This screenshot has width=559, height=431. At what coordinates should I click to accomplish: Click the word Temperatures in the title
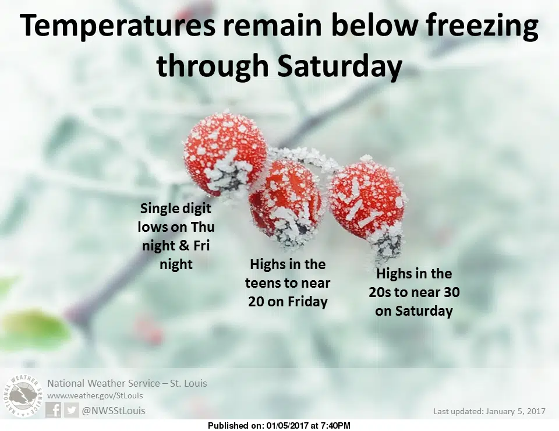[x=117, y=26]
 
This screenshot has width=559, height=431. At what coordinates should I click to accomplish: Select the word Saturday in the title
[x=339, y=67]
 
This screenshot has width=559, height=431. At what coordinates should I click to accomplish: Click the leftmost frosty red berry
[x=225, y=155]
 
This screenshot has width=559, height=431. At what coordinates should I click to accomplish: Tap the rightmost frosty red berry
[x=367, y=203]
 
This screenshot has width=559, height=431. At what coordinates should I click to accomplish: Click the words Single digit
[x=176, y=209]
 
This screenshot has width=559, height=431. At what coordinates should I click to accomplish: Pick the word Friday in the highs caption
[x=307, y=302]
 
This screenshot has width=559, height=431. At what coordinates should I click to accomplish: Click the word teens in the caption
[x=264, y=284]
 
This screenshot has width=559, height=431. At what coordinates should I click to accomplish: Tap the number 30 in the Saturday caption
[x=451, y=293]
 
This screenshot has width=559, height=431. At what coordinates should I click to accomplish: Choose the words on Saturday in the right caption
[x=414, y=311]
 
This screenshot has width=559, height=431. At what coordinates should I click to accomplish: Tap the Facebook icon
[x=54, y=410]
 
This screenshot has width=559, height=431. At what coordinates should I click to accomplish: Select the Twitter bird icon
[x=71, y=410]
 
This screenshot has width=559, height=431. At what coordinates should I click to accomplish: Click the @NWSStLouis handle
[x=114, y=411]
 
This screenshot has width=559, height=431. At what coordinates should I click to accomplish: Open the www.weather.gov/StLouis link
[x=95, y=395]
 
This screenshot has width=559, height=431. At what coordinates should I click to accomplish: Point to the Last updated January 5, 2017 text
[x=489, y=411]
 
